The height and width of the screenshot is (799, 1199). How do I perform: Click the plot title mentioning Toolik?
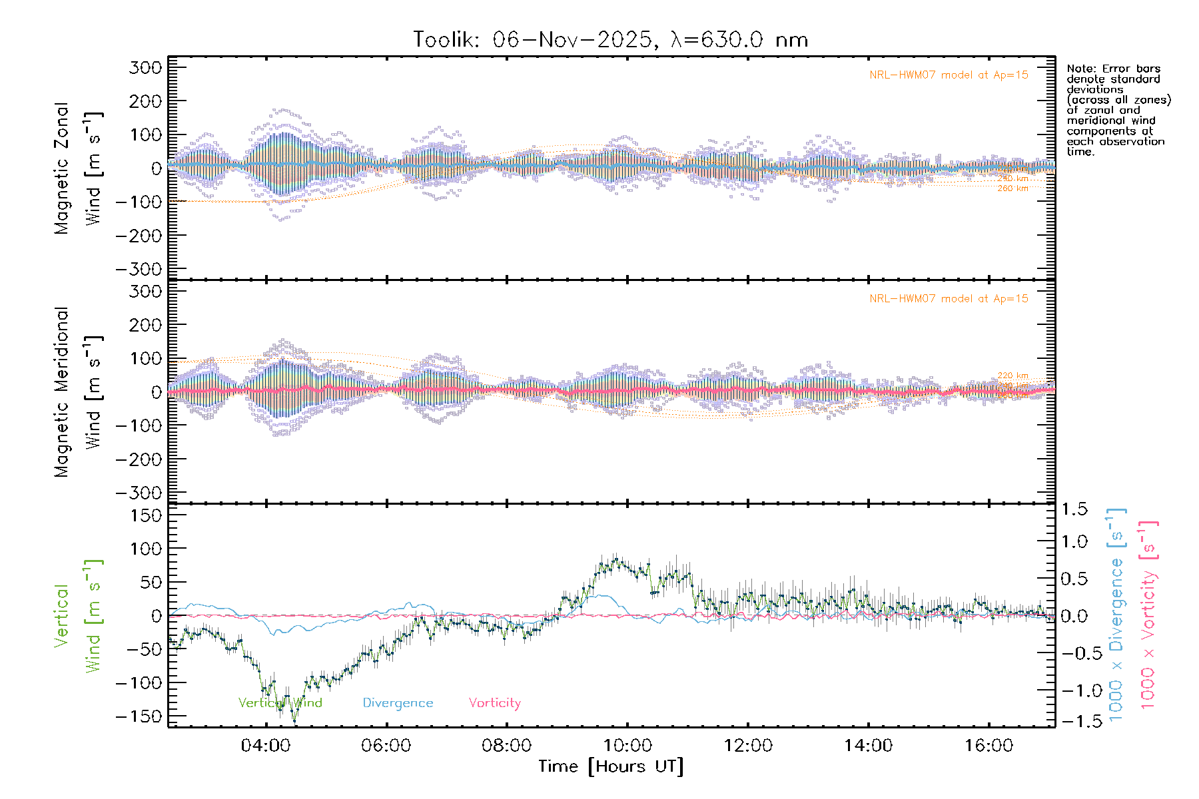pyautogui.click(x=610, y=40)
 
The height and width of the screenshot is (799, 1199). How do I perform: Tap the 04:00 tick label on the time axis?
pyautogui.click(x=265, y=746)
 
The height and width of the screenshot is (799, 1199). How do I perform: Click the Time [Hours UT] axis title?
pyautogui.click(x=611, y=766)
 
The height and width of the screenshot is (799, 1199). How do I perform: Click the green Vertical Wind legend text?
pyautogui.click(x=280, y=703)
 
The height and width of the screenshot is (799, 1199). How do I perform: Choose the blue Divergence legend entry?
pyautogui.click(x=398, y=703)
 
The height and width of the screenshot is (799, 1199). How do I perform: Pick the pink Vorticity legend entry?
pyautogui.click(x=494, y=703)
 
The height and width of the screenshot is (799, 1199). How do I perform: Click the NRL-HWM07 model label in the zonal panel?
pyautogui.click(x=949, y=75)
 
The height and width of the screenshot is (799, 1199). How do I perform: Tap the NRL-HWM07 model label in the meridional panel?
pyautogui.click(x=949, y=299)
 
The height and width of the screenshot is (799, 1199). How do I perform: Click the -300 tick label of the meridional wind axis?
pyautogui.click(x=139, y=493)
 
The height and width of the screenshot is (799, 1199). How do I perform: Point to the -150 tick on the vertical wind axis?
pyautogui.click(x=139, y=717)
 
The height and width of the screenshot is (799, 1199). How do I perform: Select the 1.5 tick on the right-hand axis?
pyautogui.click(x=1074, y=509)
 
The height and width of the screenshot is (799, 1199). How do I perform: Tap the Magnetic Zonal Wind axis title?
pyautogui.click(x=79, y=168)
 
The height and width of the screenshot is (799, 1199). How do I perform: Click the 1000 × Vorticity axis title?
pyautogui.click(x=1148, y=616)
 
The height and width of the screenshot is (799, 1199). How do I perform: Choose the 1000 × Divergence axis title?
pyautogui.click(x=1116, y=616)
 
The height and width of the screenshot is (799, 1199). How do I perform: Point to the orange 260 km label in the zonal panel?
pyautogui.click(x=1012, y=189)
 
